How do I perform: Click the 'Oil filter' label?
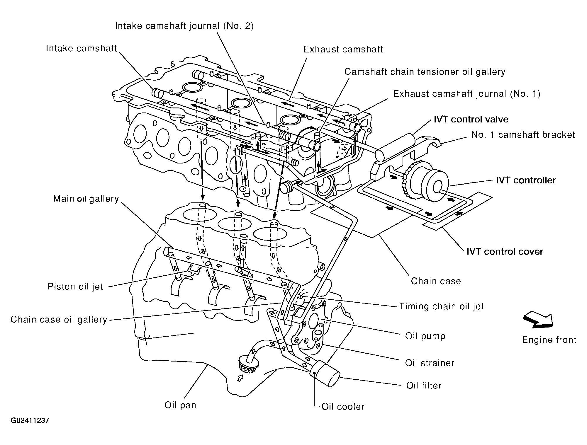coord(424,385)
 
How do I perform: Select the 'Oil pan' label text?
coord(180,405)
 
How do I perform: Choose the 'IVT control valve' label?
coord(471,119)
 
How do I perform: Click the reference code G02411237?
coord(30,421)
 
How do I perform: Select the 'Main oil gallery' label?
coord(86,199)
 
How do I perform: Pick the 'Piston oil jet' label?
coord(75,286)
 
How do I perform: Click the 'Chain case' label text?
coord(436,281)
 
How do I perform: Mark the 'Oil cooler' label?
coord(343,407)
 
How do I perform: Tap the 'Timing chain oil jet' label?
coord(441,306)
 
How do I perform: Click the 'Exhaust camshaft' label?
coord(343,49)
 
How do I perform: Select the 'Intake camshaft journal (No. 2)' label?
coord(184,26)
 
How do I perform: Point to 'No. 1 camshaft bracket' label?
coord(523,134)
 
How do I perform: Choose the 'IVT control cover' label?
coord(505,251)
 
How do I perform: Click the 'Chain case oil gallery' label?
coord(59,319)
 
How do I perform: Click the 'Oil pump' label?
coord(425,336)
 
